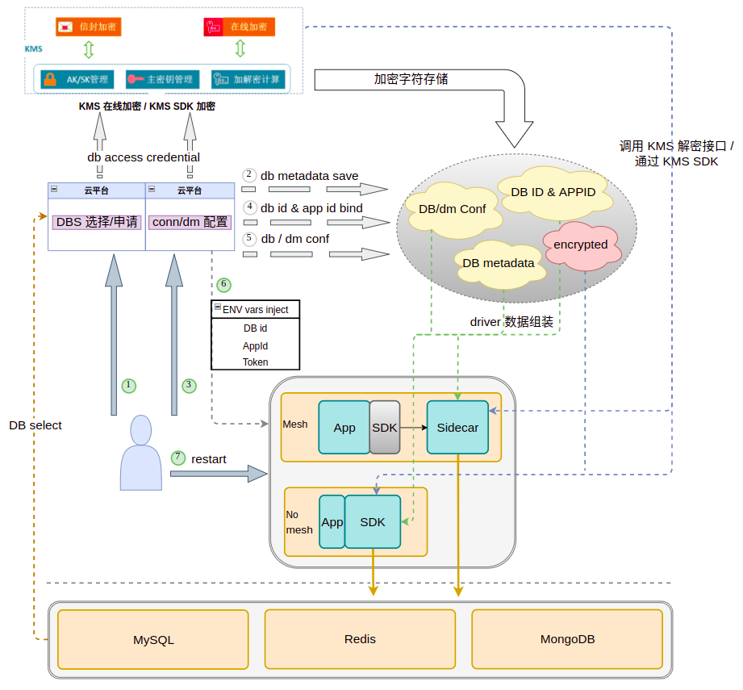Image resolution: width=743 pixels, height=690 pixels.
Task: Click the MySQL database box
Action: pos(153,639)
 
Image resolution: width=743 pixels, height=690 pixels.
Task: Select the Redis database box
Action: pos(360,638)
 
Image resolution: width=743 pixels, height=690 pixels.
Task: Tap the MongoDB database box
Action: pos(567,638)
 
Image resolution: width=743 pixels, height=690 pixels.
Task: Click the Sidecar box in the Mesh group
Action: pos(457,427)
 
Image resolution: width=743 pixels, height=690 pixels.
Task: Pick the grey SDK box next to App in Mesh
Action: pos(385,427)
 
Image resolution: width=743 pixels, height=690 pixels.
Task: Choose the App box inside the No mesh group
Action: pos(332,522)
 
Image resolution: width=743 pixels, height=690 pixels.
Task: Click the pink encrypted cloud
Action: pos(581,245)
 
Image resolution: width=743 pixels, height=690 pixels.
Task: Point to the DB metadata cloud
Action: pos(499,263)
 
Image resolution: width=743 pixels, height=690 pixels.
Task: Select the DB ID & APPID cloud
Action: pos(553,192)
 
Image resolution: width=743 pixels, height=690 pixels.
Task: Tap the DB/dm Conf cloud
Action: pos(452,209)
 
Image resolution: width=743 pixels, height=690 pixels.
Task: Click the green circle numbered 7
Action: pos(178,458)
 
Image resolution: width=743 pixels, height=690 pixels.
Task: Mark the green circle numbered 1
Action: pos(127,385)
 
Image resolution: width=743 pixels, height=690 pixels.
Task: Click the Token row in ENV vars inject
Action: pos(256,362)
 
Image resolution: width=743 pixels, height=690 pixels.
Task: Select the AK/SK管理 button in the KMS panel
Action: pos(77,80)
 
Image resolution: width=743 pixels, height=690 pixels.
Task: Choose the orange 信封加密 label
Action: pos(86,27)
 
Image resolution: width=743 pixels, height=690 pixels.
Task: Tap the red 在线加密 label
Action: pos(240,27)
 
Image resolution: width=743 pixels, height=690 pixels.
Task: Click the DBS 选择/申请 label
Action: pos(97,222)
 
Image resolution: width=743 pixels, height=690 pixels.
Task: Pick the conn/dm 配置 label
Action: pos(190,222)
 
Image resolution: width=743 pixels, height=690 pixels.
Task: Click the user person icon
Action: pos(141,453)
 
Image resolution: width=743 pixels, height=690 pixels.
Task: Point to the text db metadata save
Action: pos(309,176)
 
